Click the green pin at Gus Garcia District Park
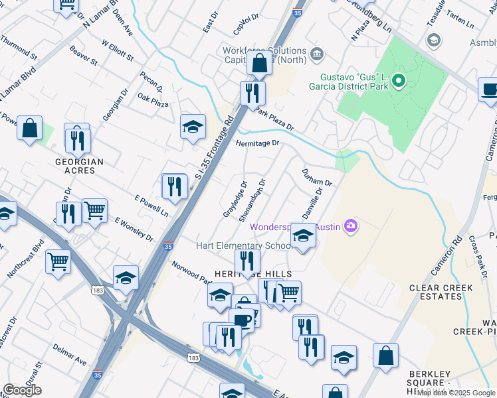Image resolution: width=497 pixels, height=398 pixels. (x=399, y=82)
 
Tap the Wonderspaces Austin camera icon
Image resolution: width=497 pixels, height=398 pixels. (x=350, y=227)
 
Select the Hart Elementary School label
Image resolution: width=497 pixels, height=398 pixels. (x=244, y=245)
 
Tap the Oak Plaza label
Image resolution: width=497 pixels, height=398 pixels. (x=153, y=100)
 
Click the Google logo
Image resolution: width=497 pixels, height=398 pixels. (x=23, y=390)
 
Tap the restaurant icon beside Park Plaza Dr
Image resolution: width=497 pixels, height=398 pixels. (x=252, y=92)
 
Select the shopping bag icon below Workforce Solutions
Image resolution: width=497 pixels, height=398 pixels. (x=259, y=64)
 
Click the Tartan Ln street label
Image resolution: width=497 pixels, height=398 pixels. (x=460, y=24)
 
